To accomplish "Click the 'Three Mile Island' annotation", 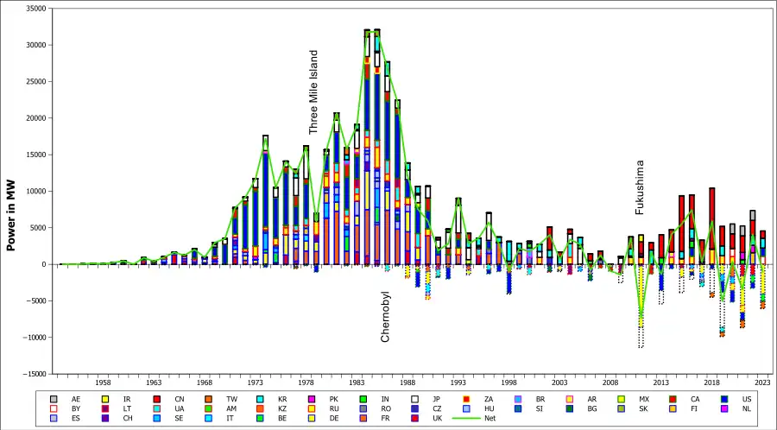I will point(314,92).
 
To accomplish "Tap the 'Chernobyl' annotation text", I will point(386,316).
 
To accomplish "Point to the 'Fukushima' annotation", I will point(640,187).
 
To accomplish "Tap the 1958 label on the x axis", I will point(103,382).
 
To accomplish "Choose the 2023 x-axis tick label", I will point(762,382).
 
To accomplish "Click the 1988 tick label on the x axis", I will point(407,382).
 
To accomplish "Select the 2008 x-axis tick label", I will point(610,382).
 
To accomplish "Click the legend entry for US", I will point(741,399).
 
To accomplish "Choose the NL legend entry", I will point(741,408).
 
